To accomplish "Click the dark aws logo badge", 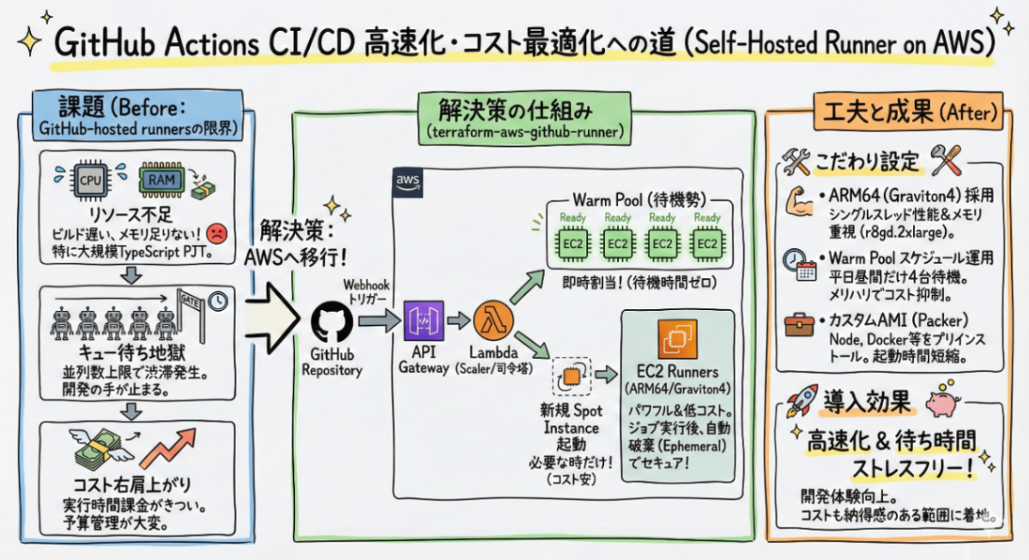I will click(x=405, y=180).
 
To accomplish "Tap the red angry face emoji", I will click(x=218, y=232).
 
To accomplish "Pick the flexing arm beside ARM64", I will click(x=798, y=201).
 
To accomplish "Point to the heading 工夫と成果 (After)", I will click(x=896, y=112).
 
